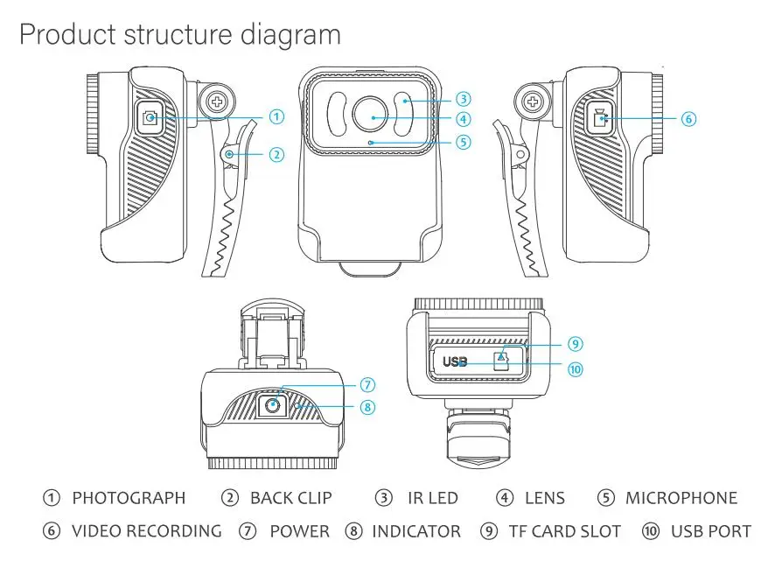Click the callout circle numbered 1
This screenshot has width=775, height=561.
[276, 116]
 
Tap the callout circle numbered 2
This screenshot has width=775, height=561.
[276, 155]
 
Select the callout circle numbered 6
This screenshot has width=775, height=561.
[688, 118]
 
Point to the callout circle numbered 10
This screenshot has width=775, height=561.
[575, 368]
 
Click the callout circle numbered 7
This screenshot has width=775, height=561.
[367, 385]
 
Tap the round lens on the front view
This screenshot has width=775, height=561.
[372, 116]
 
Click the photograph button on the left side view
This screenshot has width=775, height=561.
[150, 117]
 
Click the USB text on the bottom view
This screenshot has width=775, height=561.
[455, 361]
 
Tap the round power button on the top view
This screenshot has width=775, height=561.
[274, 404]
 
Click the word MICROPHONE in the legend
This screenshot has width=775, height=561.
[681, 498]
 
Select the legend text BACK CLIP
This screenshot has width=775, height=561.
[290, 498]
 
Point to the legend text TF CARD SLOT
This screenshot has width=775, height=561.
[564, 531]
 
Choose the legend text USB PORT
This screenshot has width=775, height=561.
[710, 531]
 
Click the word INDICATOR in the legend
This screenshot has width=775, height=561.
[415, 531]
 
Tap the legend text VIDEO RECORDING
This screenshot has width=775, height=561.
[146, 531]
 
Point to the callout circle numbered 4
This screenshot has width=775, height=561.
[464, 119]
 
